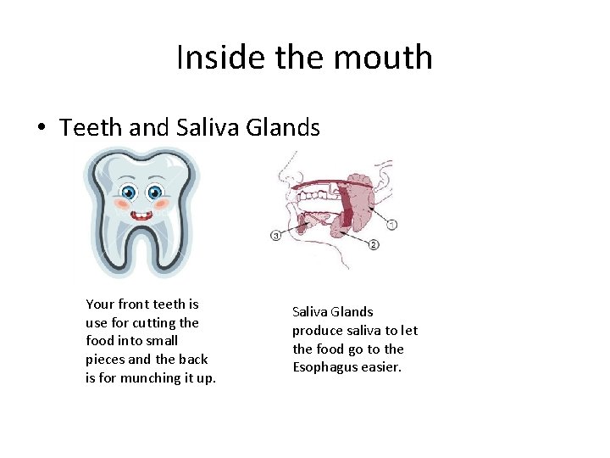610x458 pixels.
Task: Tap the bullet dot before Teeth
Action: tap(41, 129)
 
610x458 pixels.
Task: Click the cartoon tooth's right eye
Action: tap(155, 193)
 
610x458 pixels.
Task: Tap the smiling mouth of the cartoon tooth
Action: tap(141, 215)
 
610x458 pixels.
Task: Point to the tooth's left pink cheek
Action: tap(122, 204)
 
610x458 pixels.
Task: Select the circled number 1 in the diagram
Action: tap(391, 225)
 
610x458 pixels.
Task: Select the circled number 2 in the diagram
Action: tap(374, 244)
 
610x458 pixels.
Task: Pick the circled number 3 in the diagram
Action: tap(275, 235)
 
